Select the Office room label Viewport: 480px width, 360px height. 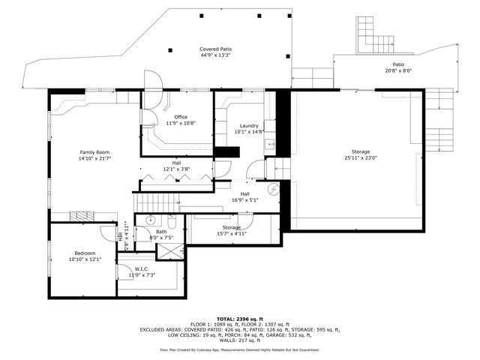click(181, 117)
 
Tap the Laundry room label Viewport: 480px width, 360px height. click(249, 125)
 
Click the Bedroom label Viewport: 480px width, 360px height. click(84, 253)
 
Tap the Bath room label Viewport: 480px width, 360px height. click(161, 232)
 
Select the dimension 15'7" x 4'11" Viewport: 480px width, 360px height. click(231, 233)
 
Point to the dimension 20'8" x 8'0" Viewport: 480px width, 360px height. click(398, 71)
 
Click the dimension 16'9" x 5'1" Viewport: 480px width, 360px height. click(244, 199)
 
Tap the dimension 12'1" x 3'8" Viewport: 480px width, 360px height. click(176, 169)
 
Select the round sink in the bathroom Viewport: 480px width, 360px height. click(150, 220)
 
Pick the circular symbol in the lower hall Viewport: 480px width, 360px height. click(274, 189)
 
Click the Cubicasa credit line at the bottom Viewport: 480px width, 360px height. click(239, 349)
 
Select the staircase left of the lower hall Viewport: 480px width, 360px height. click(157, 202)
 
